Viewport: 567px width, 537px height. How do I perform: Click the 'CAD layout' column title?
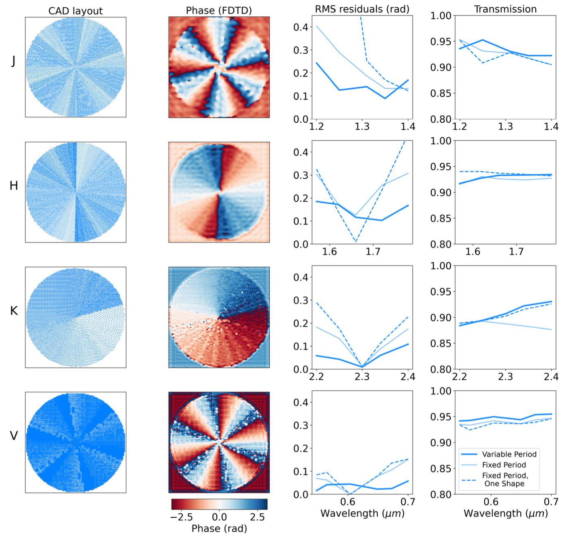pos(76,11)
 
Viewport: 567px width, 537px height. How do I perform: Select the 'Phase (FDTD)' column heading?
pos(219,11)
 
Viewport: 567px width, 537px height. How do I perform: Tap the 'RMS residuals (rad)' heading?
pos(362,9)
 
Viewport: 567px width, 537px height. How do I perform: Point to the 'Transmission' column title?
pos(505,9)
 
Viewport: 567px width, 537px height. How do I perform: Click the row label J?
pos(13,61)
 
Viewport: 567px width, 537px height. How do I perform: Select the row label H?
pos(14,186)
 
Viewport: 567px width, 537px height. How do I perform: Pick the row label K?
pos(14,311)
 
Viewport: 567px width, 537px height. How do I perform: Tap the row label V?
pos(14,436)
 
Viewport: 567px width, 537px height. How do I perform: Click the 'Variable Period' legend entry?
pos(509,454)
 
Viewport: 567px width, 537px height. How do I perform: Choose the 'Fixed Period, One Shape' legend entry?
pos(505,479)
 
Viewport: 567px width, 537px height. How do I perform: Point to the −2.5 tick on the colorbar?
pos(181,517)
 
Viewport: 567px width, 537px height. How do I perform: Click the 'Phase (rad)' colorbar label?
pos(219,528)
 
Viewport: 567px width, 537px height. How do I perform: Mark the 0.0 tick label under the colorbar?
pos(219,517)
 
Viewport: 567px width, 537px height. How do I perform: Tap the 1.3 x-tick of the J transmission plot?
pos(505,126)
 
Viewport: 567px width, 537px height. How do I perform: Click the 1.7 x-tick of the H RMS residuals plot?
pos(373,251)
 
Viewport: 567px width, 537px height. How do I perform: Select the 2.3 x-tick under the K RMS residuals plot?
pos(362,377)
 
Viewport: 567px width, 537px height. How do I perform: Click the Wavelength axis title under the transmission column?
pos(506,513)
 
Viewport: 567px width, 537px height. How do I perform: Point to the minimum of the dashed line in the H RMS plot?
pos(356,242)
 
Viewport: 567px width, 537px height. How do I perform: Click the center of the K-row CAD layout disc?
pos(76,317)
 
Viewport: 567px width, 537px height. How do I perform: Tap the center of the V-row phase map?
pos(219,442)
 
